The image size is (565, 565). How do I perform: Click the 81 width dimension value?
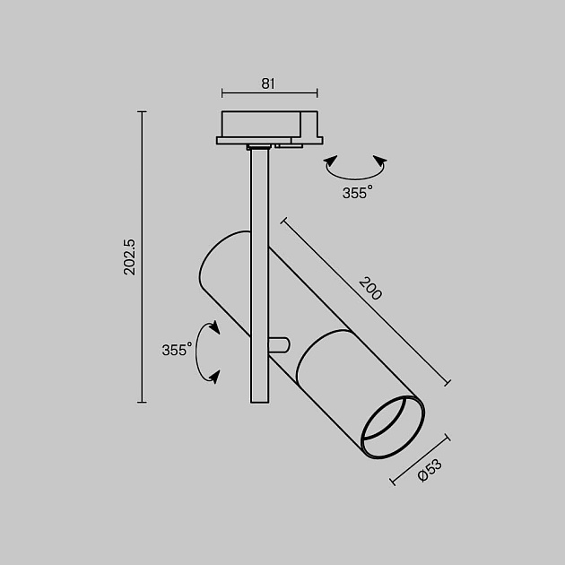(267, 83)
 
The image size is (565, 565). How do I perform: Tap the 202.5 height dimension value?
(129, 256)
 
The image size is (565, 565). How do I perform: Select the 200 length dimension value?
(369, 289)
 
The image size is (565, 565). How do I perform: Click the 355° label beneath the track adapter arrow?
(356, 193)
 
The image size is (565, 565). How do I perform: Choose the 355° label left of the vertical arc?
(178, 351)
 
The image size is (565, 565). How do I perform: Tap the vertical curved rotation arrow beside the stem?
(210, 352)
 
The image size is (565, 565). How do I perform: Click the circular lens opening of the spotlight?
(391, 428)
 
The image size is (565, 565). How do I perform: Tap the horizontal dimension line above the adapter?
(268, 92)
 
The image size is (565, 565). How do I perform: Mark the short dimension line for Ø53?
(420, 460)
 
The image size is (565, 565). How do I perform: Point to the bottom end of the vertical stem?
(258, 400)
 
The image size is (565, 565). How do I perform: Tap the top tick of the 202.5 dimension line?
(142, 111)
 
